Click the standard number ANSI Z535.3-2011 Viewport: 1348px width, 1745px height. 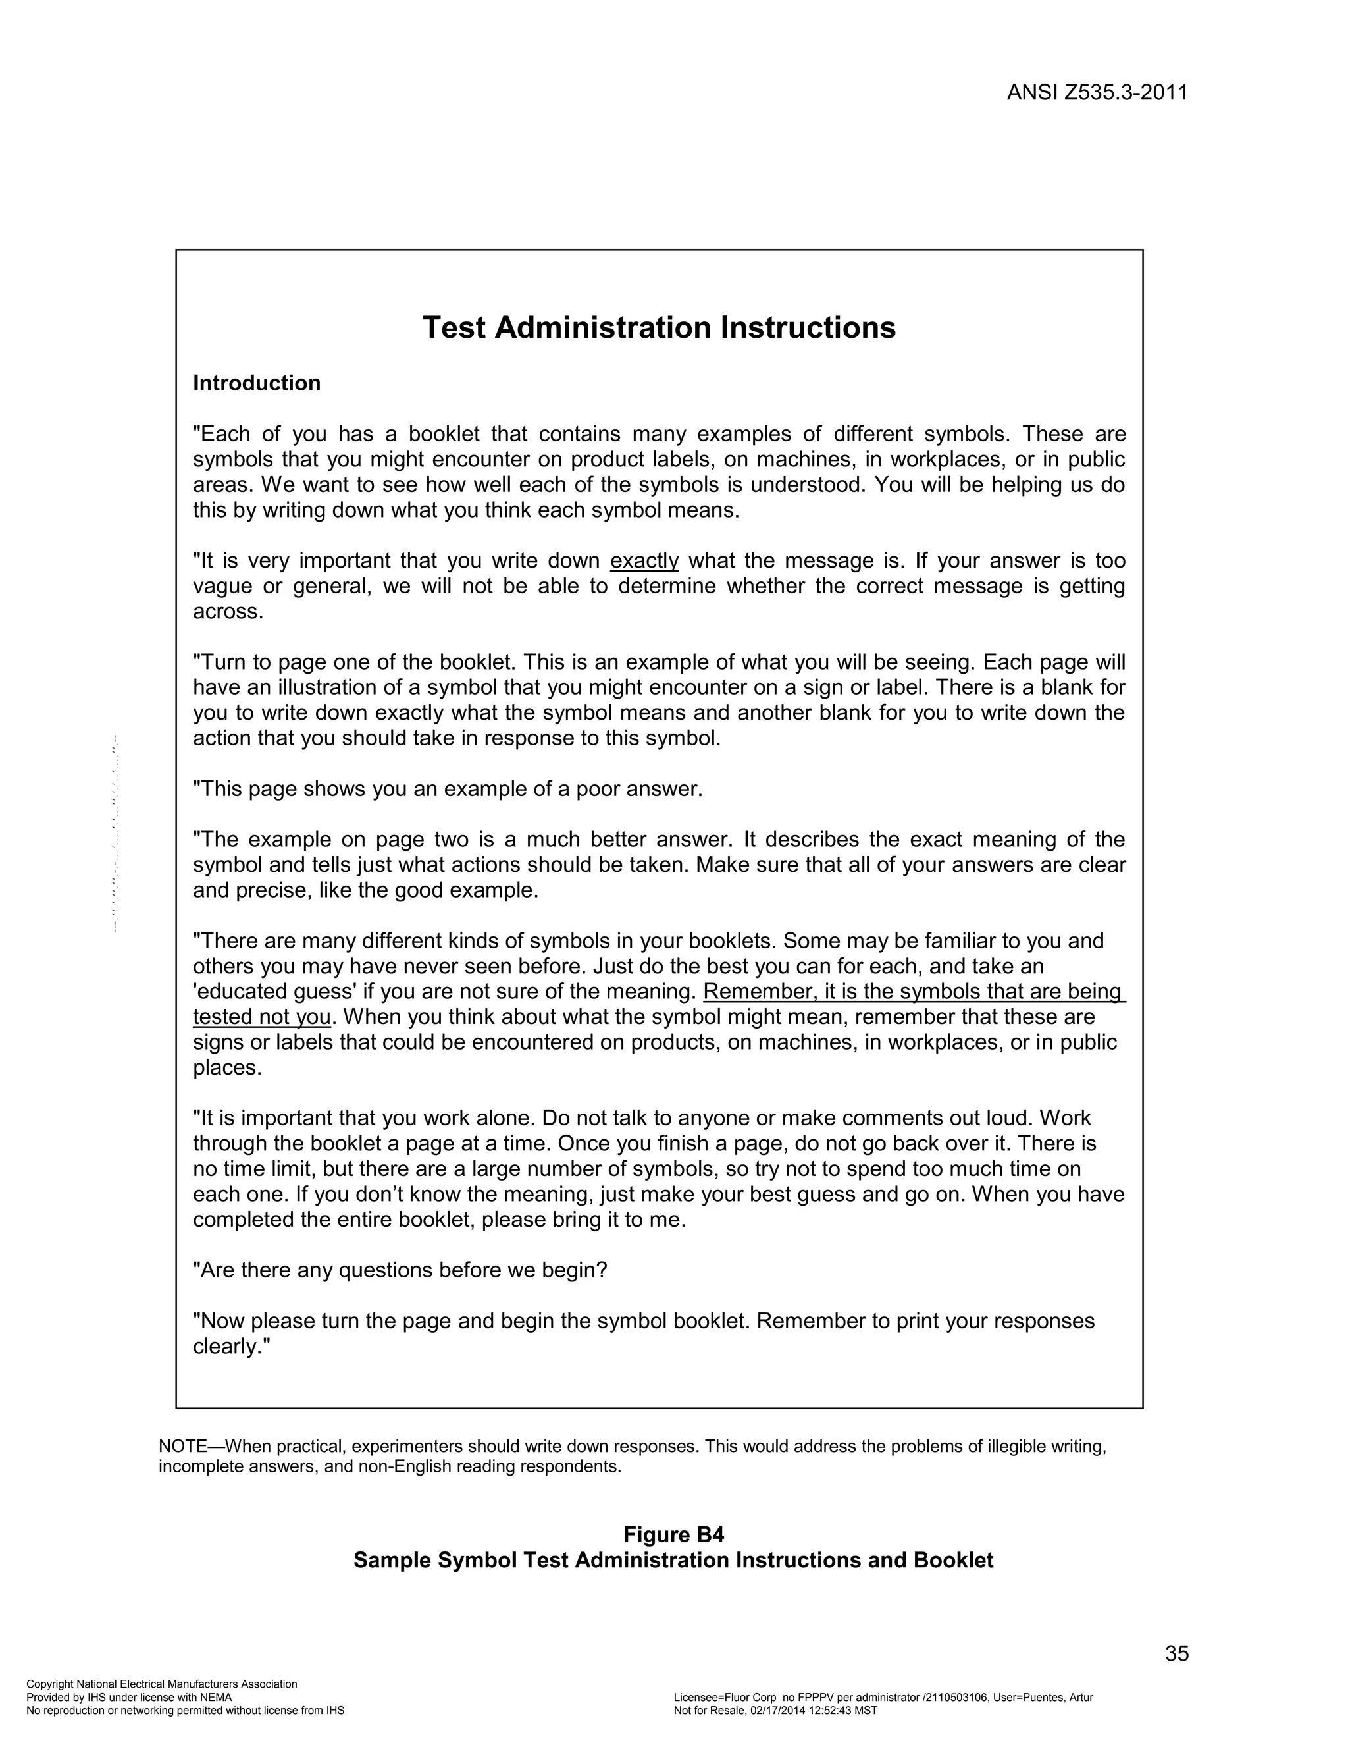[x=1097, y=93]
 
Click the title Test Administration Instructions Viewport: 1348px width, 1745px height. [x=659, y=327]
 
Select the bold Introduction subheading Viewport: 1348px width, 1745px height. [x=256, y=383]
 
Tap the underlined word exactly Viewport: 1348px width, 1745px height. [x=644, y=561]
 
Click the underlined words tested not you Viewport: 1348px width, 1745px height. [x=261, y=1017]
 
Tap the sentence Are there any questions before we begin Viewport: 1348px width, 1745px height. [x=400, y=1270]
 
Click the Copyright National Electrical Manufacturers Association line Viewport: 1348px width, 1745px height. [x=161, y=1684]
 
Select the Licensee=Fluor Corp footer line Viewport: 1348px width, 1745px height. [x=883, y=1697]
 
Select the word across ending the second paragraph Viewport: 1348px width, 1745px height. [x=228, y=612]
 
